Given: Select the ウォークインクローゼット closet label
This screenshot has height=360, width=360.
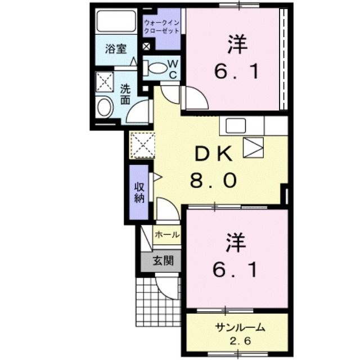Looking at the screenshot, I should [161, 26].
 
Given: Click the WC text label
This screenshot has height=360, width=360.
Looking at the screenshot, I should [173, 69].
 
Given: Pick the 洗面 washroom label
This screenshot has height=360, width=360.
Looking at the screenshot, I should [126, 93].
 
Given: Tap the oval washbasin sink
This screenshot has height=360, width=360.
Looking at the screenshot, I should [104, 107].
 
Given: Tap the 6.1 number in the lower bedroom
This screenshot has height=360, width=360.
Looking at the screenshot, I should [236, 271].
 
